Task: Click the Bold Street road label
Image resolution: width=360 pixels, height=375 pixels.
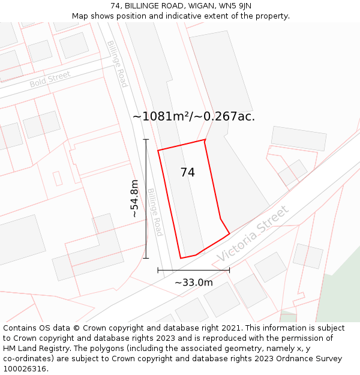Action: point(50,79)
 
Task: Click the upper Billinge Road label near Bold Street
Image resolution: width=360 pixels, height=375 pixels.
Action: point(117,64)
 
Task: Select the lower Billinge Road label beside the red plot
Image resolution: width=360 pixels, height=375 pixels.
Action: point(155,212)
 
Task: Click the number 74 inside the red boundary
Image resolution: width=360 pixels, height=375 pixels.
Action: point(187,172)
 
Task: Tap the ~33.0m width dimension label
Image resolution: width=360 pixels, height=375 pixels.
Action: point(193,282)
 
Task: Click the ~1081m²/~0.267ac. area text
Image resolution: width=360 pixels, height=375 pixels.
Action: point(193,116)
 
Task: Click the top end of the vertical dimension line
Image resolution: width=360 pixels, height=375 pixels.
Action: point(146,139)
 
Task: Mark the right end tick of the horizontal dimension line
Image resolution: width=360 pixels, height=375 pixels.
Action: point(229,270)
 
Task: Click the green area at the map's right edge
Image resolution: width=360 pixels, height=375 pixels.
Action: point(340,288)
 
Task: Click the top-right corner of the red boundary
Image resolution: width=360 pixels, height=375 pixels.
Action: point(205,140)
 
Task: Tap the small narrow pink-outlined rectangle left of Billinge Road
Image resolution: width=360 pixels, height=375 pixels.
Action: point(58,178)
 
